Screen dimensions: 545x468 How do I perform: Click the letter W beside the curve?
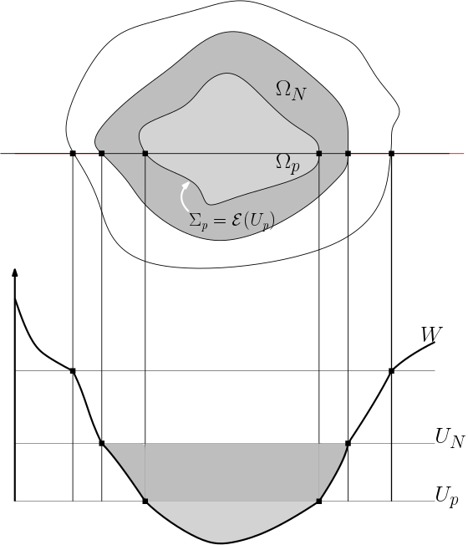[431, 335]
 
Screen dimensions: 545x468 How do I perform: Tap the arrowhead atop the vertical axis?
[15, 273]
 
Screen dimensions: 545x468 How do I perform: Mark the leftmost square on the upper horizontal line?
[73, 153]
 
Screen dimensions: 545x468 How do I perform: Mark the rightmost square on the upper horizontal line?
[391, 153]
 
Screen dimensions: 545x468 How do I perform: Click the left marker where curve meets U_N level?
[101, 443]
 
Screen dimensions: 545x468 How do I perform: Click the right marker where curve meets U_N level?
[348, 443]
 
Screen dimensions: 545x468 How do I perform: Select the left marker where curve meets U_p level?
[145, 501]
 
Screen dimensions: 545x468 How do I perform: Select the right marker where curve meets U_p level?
[319, 501]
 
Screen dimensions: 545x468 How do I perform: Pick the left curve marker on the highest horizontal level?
[73, 370]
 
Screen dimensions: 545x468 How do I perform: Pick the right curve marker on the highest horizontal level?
[391, 370]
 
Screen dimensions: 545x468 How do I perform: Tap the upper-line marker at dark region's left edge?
[101, 153]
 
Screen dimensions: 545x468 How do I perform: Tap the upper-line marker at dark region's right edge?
[348, 153]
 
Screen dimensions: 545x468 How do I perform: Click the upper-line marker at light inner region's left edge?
[145, 153]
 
